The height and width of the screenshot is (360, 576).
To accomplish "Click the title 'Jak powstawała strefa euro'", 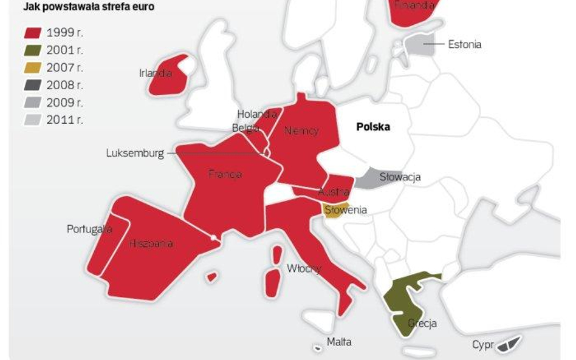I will [88, 8].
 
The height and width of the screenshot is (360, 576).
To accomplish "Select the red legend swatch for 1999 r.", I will [33, 33].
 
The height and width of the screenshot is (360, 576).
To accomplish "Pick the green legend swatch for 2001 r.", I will [33, 50].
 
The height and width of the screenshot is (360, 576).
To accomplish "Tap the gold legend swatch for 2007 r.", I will [33, 68].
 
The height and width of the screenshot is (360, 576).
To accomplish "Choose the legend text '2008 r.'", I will [64, 85].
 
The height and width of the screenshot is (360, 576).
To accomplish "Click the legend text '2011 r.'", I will [64, 120].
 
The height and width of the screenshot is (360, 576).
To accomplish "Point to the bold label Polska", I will [373, 127].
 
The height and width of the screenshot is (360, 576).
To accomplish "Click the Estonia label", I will [465, 44].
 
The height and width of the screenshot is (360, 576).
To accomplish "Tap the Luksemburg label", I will [135, 153].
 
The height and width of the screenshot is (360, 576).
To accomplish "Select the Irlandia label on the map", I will [156, 73].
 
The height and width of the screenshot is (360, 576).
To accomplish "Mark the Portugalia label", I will [89, 229].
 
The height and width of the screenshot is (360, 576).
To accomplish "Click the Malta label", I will [339, 342].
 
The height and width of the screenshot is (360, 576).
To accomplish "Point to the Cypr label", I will [483, 345].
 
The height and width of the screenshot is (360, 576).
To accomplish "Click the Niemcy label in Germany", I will [301, 131].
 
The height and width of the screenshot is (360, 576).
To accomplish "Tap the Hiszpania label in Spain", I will [151, 243].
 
